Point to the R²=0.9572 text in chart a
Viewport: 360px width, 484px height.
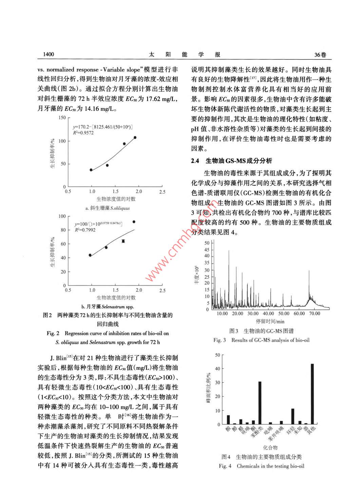[83, 133]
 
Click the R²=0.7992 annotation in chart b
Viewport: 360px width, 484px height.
[85, 230]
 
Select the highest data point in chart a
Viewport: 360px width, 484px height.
[135, 137]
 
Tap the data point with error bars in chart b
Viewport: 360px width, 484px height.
[123, 241]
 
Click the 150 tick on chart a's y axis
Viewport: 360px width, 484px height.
[62, 118]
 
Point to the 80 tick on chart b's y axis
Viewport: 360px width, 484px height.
[62, 230]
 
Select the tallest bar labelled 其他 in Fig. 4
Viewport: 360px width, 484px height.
[312, 394]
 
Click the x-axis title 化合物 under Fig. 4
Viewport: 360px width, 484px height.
[270, 447]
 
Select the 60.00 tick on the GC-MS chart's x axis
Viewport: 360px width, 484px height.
[299, 314]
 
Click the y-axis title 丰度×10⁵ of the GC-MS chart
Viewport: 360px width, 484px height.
[196, 275]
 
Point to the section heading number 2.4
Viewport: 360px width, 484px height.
[195, 161]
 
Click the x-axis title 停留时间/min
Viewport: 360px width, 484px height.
[270, 321]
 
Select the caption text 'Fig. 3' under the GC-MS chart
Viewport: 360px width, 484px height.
[220, 340]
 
